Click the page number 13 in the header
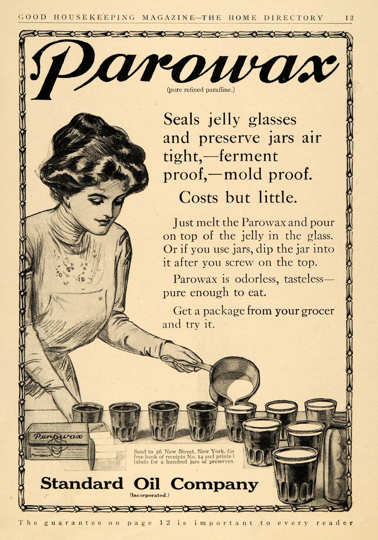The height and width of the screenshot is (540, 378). (x=349, y=17)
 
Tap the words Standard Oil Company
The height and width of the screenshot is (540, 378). (x=149, y=484)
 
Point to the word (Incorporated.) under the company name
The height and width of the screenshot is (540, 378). (x=150, y=495)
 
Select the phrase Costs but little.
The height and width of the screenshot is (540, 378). (x=238, y=198)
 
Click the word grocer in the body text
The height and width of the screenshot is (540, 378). (x=318, y=311)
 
